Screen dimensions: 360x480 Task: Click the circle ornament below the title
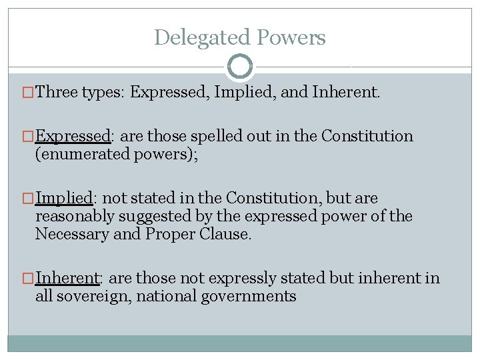click(240, 66)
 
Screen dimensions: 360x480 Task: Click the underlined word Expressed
click(73, 137)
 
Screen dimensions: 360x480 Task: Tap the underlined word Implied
click(63, 198)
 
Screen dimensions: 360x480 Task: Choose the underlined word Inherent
click(67, 278)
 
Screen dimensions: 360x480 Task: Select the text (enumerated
click(75, 155)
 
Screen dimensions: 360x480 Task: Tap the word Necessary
click(68, 234)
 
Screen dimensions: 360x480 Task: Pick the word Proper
click(169, 234)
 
